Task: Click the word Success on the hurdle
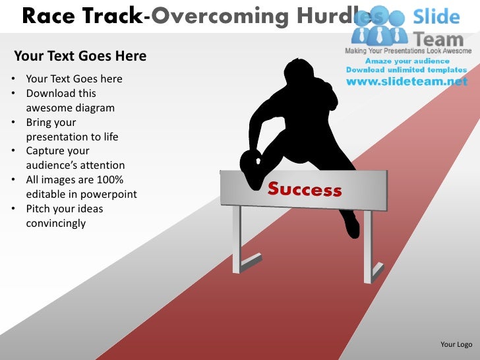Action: click(305, 190)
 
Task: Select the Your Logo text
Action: click(456, 344)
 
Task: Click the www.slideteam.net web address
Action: click(407, 82)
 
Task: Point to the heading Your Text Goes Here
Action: click(80, 55)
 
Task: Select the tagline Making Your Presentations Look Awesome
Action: click(408, 51)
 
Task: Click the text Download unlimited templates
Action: click(405, 70)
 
